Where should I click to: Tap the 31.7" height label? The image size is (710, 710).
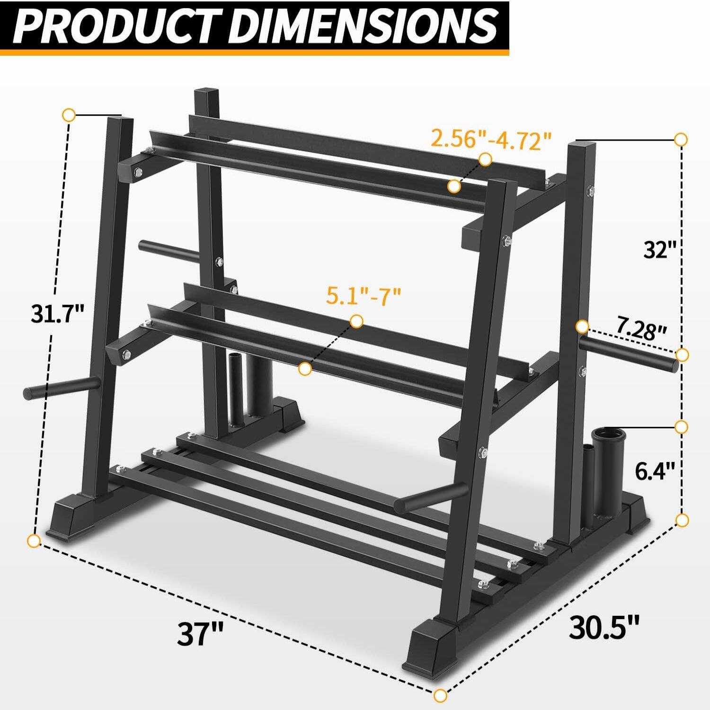pyautogui.click(x=57, y=313)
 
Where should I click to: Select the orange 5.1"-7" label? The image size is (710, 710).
pyautogui.click(x=364, y=297)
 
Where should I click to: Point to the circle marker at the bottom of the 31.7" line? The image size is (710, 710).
pyautogui.click(x=33, y=540)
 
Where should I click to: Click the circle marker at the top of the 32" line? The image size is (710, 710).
pyautogui.click(x=681, y=140)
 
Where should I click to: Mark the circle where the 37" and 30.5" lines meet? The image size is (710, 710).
pyautogui.click(x=440, y=695)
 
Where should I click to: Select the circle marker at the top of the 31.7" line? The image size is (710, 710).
pyautogui.click(x=69, y=115)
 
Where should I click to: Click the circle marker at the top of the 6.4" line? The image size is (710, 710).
pyautogui.click(x=681, y=427)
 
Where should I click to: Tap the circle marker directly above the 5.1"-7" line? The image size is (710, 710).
pyautogui.click(x=357, y=321)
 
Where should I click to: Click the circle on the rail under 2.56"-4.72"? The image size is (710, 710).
pyautogui.click(x=454, y=186)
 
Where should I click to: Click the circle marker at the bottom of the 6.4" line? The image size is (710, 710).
pyautogui.click(x=682, y=521)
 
